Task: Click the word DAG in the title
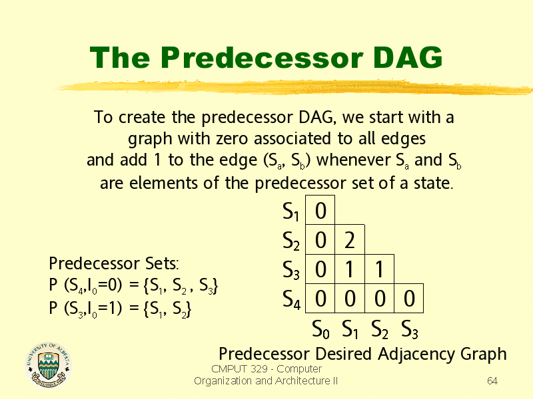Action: (408, 57)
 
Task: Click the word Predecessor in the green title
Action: (262, 57)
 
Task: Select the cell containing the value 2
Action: (350, 239)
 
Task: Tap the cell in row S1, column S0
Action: (320, 210)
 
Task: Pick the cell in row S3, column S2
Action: (379, 269)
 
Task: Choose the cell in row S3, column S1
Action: (350, 269)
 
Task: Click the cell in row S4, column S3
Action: (409, 298)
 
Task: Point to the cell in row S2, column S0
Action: (320, 239)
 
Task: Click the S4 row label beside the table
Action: (292, 299)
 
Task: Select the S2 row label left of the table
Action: (291, 241)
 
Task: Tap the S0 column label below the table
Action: (321, 329)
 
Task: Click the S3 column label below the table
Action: (410, 329)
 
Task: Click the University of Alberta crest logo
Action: (49, 364)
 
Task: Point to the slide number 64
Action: (492, 380)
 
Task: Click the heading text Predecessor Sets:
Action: (114, 263)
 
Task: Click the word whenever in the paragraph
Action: (353, 160)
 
